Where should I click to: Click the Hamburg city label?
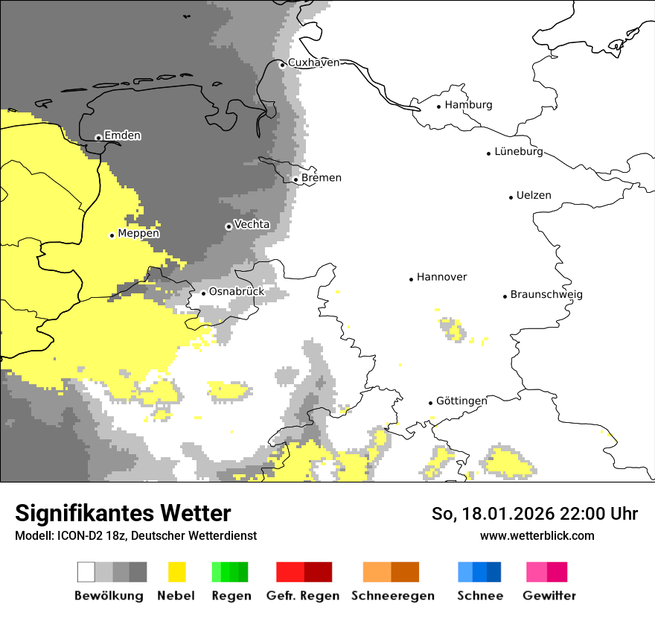coord(468,105)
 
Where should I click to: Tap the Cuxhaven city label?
coord(313,63)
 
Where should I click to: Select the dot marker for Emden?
coord(98,137)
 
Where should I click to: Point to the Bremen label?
coord(322,178)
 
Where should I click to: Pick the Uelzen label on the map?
coord(534,196)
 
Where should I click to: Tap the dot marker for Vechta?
coord(229,226)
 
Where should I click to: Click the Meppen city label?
coord(138,234)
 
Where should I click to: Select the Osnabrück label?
coord(237,292)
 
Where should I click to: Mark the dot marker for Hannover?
coord(411,279)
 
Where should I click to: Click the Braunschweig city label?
coord(546,295)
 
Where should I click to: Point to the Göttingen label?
coord(461,401)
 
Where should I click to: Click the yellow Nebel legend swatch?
coord(177,572)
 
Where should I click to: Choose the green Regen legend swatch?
coord(230,572)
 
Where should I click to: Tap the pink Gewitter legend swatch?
coord(547,572)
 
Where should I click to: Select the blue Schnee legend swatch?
coord(479,572)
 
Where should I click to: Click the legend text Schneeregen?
coord(392,596)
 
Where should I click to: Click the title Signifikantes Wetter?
coord(123,513)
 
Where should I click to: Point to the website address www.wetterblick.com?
coord(537,535)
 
